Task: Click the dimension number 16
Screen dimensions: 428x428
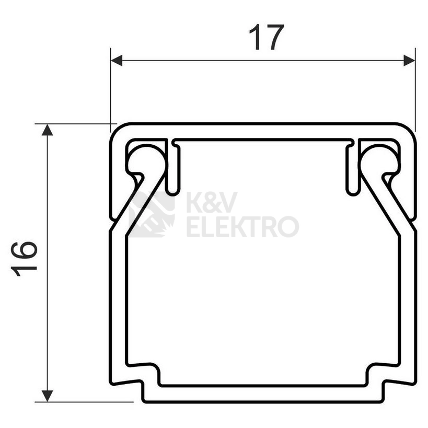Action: pyautogui.click(x=25, y=259)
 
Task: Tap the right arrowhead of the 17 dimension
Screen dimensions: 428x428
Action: pyautogui.click(x=409, y=61)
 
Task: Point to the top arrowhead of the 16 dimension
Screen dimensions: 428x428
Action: pyautogui.click(x=48, y=130)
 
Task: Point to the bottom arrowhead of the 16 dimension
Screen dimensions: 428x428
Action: pyautogui.click(x=48, y=396)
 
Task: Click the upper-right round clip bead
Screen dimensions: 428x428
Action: pyautogui.click(x=379, y=159)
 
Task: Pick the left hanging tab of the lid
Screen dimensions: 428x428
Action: pyautogui.click(x=175, y=167)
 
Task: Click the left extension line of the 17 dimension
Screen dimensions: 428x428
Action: pyautogui.click(x=111, y=89)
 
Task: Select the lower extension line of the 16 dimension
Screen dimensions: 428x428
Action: pyautogui.click(x=84, y=402)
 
